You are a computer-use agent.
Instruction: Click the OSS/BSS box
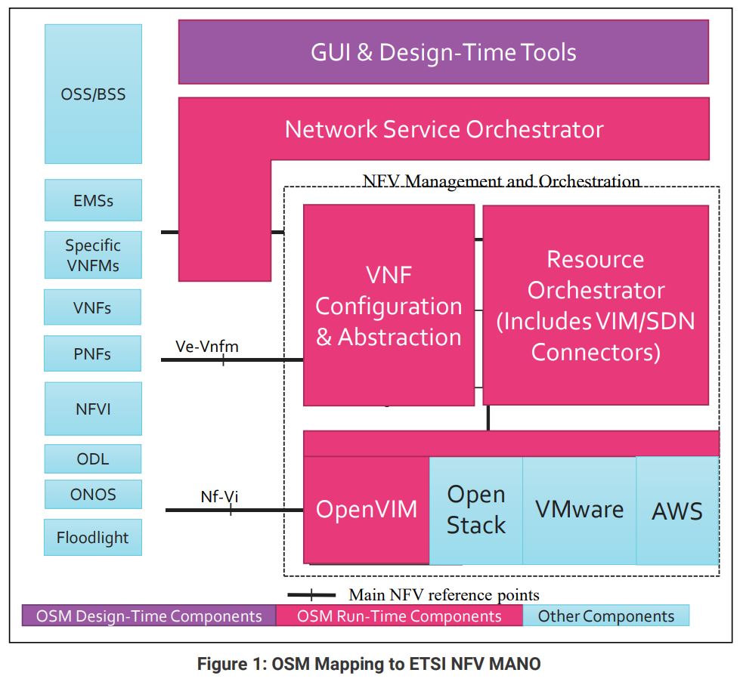[94, 94]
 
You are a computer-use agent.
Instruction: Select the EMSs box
[94, 200]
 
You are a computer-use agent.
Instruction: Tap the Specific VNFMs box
[94, 255]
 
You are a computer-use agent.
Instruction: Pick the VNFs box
[92, 307]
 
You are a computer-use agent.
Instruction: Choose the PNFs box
[92, 353]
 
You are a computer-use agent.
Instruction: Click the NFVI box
[94, 409]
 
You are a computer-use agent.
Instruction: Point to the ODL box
[93, 458]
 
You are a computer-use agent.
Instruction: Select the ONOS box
[94, 494]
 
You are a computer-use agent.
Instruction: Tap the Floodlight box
[93, 537]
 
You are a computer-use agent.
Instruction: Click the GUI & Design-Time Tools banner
[444, 52]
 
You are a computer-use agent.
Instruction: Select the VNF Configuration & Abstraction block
[389, 305]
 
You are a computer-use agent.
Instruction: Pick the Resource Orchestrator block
[596, 304]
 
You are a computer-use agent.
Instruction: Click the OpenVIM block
[367, 509]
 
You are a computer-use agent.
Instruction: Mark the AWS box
[678, 511]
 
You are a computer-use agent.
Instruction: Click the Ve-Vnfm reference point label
[207, 347]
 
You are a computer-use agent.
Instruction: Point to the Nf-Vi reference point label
[219, 497]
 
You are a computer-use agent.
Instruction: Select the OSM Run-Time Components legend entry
[399, 616]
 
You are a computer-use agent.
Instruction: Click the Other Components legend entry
[606, 616]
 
